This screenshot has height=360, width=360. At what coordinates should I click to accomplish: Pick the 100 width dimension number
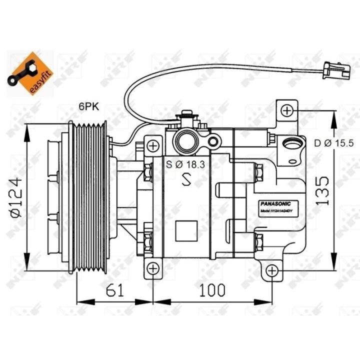pos(211,289)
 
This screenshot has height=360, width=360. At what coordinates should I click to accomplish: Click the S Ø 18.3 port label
pos(185,163)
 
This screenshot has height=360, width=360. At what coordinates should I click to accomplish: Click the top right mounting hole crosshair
pos(286,110)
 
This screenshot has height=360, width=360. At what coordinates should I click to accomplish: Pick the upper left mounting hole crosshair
pos(153,146)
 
